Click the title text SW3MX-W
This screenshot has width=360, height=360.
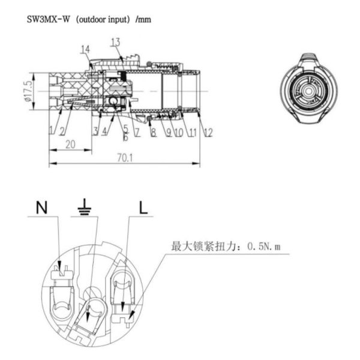tap(47, 19)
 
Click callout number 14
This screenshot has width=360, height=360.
tap(86, 49)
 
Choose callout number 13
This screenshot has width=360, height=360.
tap(115, 41)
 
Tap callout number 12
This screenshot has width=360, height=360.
tap(208, 133)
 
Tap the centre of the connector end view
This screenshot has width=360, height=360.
tap(308, 91)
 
